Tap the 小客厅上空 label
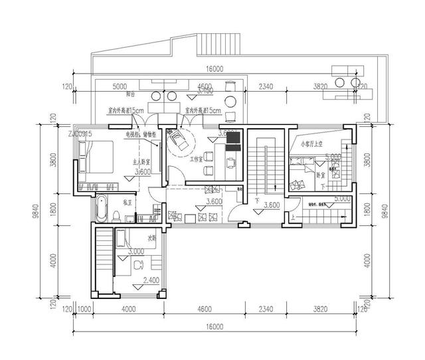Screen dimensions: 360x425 pos(309,142)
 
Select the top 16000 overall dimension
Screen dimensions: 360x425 pos(214,68)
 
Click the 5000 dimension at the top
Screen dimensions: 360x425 pos(120,86)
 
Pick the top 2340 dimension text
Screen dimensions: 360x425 pos(266,86)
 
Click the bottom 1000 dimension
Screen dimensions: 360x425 pos(84,308)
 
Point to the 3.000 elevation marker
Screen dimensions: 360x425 pos(135,252)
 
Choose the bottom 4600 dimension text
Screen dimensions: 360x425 pos(205,308)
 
